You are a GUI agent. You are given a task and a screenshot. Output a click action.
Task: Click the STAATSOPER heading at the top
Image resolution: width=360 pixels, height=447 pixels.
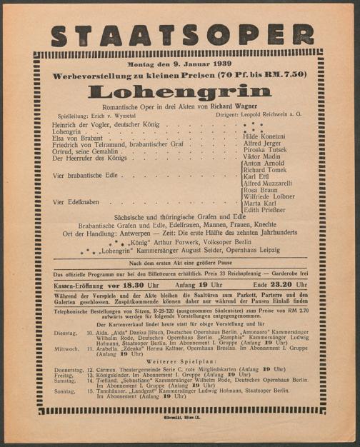click(182, 36)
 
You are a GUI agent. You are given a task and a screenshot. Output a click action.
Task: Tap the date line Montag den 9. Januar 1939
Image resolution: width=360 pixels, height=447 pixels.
click(179, 65)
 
